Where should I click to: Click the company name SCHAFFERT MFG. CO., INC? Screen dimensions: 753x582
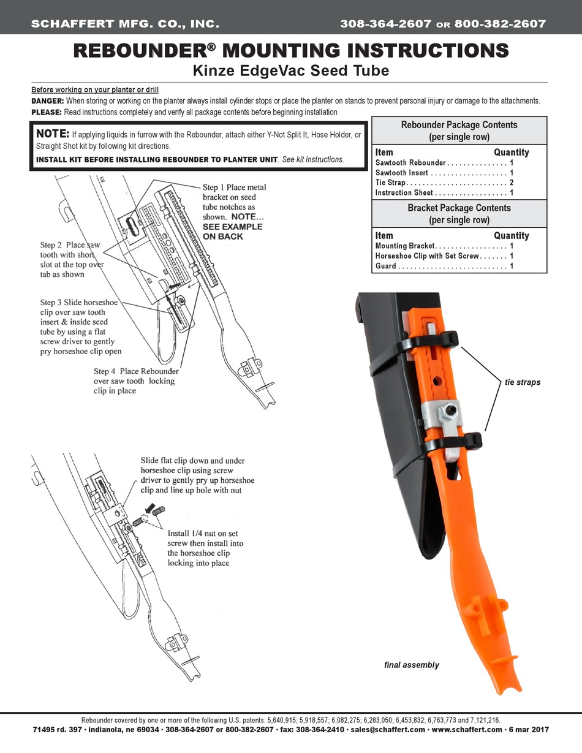125,25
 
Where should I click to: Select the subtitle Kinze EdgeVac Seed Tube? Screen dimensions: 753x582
291,70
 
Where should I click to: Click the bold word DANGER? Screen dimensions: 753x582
47,100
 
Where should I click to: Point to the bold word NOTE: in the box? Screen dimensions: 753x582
53,134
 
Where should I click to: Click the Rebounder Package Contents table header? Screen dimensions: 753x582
459,131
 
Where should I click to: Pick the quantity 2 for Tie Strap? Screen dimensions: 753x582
511,183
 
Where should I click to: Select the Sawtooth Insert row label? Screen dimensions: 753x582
402,173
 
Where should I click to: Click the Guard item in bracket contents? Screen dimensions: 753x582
385,266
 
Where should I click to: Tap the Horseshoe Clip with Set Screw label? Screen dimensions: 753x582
428,255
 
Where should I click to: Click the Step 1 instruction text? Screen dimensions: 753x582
234,202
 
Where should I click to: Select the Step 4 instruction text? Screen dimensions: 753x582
136,380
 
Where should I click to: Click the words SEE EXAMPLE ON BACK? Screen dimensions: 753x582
232,231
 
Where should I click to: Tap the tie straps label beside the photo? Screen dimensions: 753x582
523,382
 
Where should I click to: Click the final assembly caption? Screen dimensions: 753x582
411,665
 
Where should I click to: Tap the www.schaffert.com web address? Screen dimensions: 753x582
467,730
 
